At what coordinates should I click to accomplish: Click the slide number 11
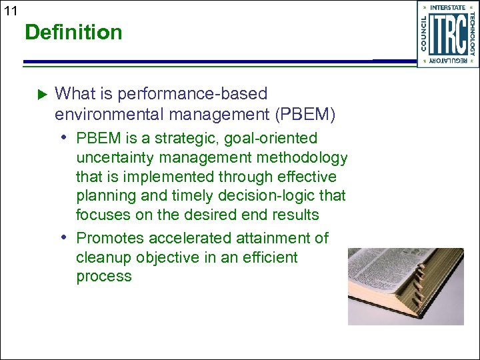pyautogui.click(x=10, y=11)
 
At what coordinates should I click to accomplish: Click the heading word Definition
pyautogui.click(x=73, y=32)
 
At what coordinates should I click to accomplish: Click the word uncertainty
pyautogui.click(x=118, y=157)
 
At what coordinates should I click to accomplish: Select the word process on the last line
pyautogui.click(x=104, y=277)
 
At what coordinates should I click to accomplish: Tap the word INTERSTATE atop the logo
pyautogui.click(x=448, y=8)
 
